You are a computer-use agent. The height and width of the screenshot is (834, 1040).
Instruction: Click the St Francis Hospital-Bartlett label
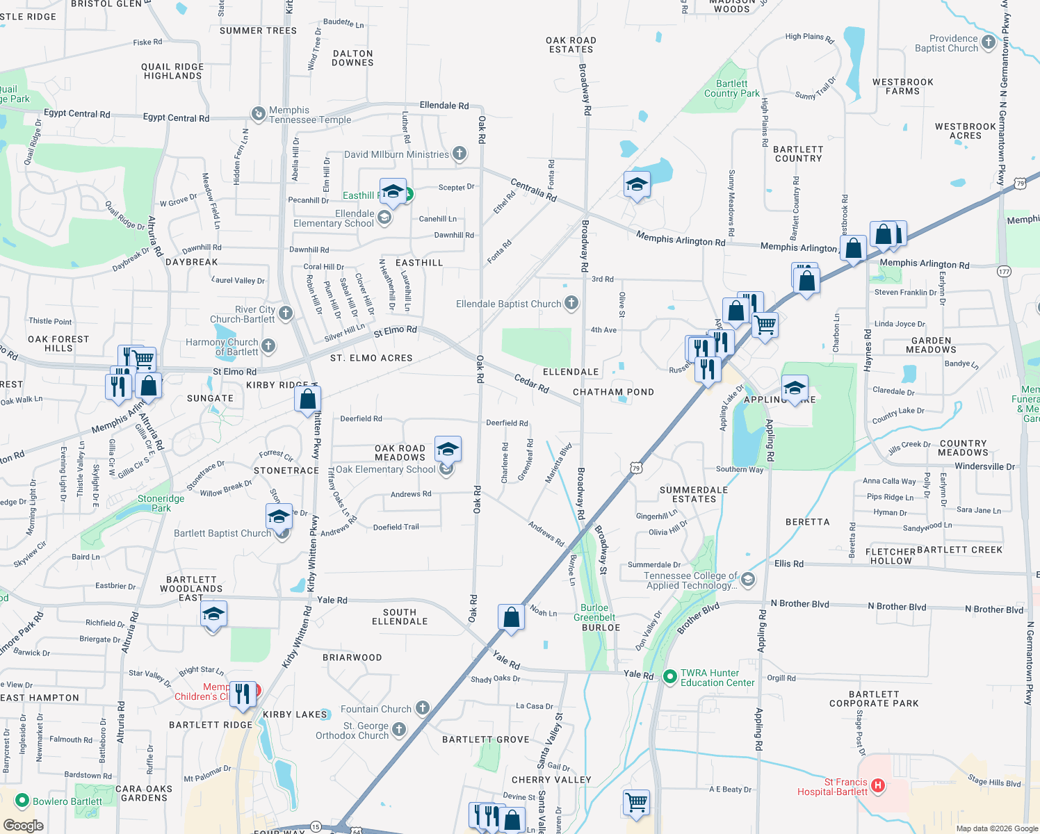click(x=832, y=787)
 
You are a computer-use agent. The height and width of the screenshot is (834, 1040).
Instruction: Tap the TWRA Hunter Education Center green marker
click(x=669, y=676)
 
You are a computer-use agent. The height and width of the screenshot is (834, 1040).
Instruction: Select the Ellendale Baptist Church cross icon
click(x=571, y=303)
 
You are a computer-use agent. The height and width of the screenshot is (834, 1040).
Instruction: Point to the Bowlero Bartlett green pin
click(x=22, y=801)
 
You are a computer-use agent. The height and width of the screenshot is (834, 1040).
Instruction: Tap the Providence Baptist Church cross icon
click(x=989, y=43)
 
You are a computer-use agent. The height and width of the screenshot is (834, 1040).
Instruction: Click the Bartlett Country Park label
click(x=731, y=88)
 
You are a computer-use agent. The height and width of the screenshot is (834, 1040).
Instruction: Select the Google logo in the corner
click(x=23, y=826)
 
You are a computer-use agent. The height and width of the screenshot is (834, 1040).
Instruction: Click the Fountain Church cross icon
click(x=422, y=708)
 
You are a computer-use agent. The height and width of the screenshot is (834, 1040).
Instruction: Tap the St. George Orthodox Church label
click(x=352, y=730)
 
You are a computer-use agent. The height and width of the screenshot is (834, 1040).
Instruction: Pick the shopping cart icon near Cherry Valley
click(x=637, y=802)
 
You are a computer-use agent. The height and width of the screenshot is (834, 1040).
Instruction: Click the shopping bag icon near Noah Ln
click(x=511, y=617)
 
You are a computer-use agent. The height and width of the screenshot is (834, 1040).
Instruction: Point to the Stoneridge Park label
click(x=161, y=503)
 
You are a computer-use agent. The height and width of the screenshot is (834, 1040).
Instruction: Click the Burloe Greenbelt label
click(x=594, y=612)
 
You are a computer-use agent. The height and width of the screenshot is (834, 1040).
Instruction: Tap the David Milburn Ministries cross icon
click(x=459, y=154)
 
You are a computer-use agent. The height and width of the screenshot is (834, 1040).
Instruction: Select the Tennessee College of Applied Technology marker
click(x=747, y=579)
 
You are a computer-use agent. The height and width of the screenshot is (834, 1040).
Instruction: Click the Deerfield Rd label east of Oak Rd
click(x=507, y=423)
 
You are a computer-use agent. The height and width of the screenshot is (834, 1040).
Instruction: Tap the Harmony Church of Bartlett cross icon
click(x=268, y=346)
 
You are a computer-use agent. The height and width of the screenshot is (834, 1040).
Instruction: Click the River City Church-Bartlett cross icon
click(x=286, y=314)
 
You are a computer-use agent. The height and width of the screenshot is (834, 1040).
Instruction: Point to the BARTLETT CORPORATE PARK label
click(x=874, y=698)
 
